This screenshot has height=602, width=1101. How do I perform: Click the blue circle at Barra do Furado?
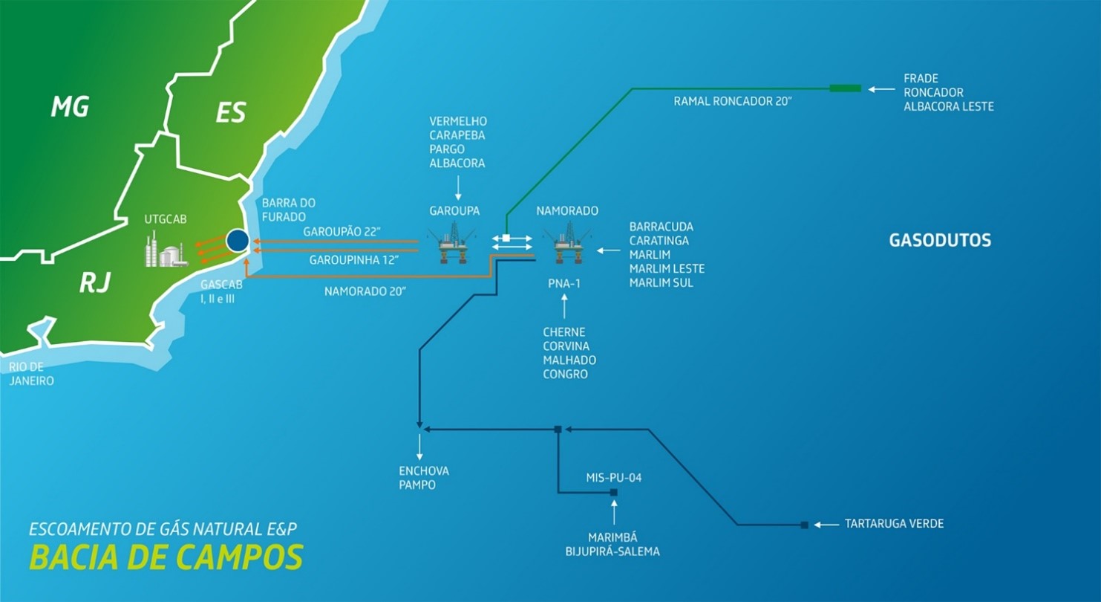point(238,240)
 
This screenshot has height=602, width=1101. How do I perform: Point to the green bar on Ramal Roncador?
point(845,88)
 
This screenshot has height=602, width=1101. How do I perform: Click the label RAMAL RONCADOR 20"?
point(734,100)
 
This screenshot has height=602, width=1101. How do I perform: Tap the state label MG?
point(70,107)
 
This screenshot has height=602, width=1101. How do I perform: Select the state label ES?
point(230,113)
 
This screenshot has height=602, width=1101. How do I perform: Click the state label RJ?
point(94,282)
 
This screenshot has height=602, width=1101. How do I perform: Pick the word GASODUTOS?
point(940,241)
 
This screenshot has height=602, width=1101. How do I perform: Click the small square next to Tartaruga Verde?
point(804,525)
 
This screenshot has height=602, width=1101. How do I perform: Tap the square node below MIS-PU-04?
point(614,492)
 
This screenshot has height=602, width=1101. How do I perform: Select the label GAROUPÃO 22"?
point(342,232)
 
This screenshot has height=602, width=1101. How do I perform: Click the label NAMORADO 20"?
point(365,292)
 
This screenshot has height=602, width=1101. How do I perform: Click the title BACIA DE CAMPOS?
point(166,557)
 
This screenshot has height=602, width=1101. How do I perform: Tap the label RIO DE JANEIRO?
point(32,374)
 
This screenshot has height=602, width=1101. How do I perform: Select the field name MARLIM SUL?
point(661,282)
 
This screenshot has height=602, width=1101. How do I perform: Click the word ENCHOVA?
point(424,471)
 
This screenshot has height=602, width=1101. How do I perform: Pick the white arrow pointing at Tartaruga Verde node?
point(826,525)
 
